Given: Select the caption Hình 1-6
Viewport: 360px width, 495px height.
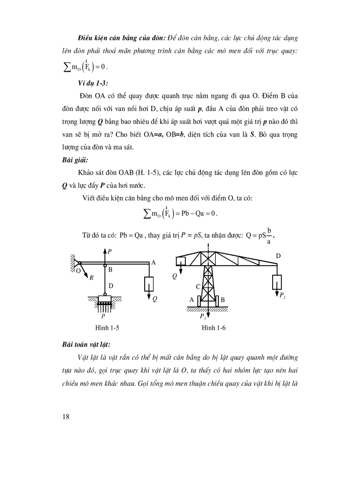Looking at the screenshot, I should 214,328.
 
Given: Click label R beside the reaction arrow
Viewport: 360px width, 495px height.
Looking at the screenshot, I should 91,278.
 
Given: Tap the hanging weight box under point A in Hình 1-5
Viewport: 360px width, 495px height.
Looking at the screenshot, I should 149,284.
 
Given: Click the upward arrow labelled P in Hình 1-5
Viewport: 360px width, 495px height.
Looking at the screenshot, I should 105,256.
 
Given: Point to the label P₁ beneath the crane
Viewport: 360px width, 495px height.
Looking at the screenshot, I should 202,316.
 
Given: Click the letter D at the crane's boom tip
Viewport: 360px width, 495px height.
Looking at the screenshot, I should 278,256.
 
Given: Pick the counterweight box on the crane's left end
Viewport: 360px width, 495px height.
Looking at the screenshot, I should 180,261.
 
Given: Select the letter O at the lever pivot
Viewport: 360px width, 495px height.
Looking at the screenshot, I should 78,271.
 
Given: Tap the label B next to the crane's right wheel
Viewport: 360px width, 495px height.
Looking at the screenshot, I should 223,300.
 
